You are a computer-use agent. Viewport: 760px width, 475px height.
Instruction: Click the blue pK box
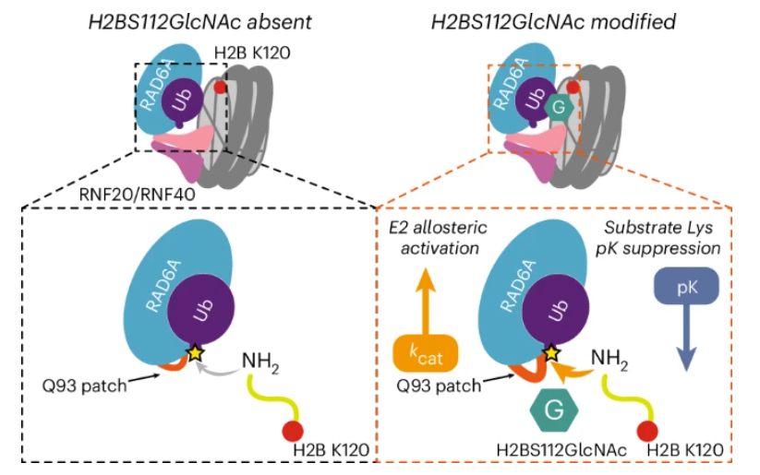pos(684,290)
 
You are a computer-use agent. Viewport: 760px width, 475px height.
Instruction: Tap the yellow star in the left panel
pos(194,353)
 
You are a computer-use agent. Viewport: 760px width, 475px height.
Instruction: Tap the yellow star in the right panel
pos(551,352)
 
